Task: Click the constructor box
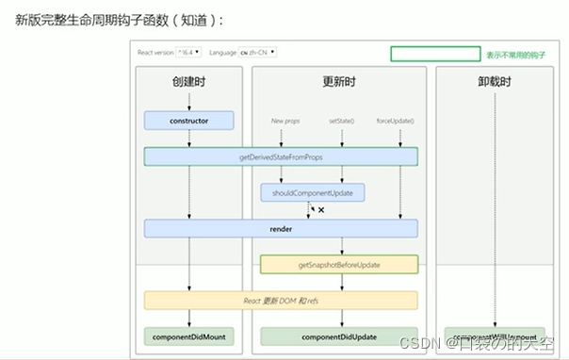[x=188, y=121]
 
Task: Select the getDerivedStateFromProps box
[x=281, y=156]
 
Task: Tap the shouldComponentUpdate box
[x=312, y=192]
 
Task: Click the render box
[x=281, y=228]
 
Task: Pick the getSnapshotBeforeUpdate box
[x=339, y=265]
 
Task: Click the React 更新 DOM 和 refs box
[x=281, y=301]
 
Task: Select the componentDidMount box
[x=188, y=336]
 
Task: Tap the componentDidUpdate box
[x=339, y=336]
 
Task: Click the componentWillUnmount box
[x=495, y=336]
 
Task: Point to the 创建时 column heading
[x=188, y=82]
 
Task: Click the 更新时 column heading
[x=339, y=82]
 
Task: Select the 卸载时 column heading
[x=495, y=83]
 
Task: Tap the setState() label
[x=342, y=121]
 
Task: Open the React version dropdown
[x=189, y=53]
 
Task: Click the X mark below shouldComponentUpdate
[x=321, y=210]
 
